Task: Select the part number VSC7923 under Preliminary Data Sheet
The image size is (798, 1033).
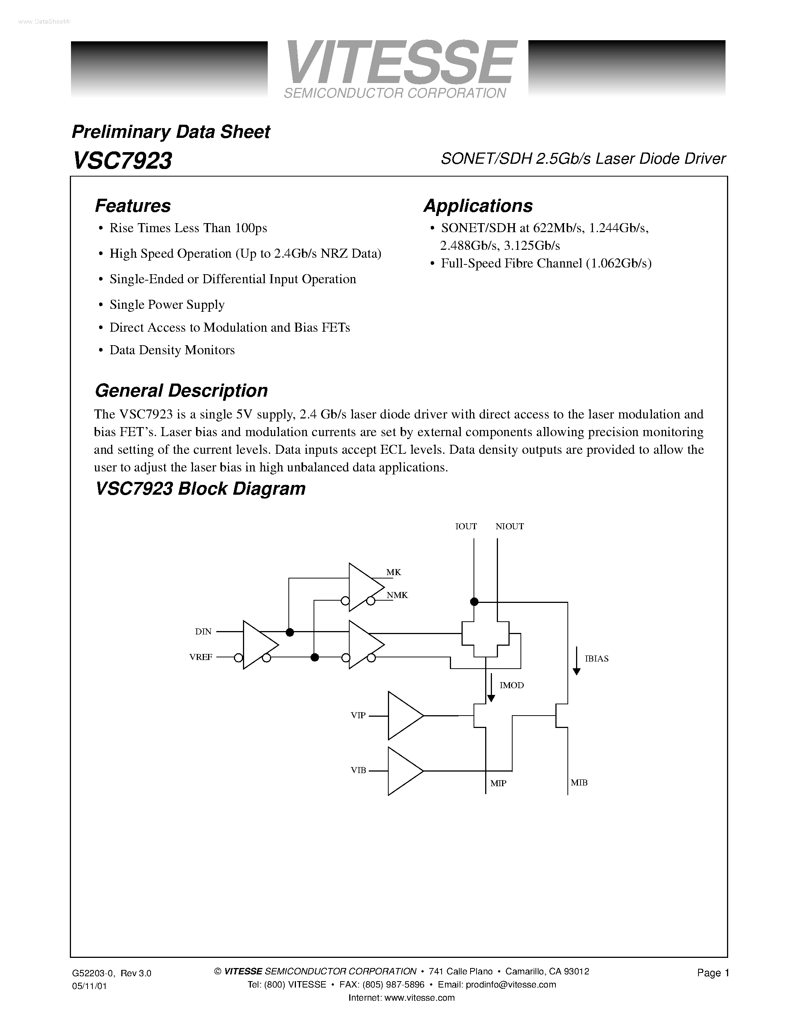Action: (x=122, y=161)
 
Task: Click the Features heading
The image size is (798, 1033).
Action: (x=133, y=206)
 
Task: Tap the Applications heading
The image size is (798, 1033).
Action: (x=478, y=206)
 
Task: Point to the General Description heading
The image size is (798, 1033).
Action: (x=181, y=391)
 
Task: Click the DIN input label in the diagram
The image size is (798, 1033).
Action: (x=203, y=632)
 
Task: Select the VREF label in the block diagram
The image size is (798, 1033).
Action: (x=201, y=657)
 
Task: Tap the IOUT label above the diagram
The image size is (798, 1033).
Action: (x=466, y=526)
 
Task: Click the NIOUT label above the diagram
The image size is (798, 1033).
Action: (x=509, y=526)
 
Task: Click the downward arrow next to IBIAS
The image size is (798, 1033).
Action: (x=576, y=660)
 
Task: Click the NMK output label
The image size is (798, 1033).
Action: (x=397, y=595)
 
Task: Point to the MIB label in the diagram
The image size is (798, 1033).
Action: (x=579, y=783)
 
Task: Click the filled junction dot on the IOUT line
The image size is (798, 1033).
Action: (x=474, y=602)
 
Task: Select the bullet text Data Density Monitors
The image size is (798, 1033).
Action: (x=172, y=350)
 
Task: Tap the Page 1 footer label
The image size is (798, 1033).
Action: (x=713, y=973)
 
